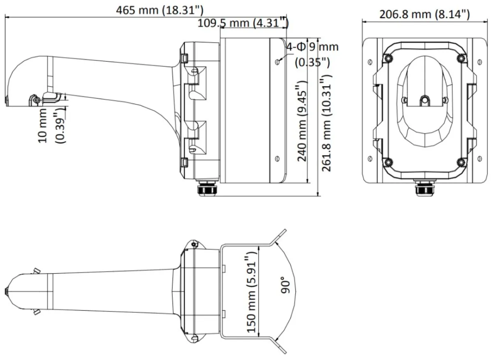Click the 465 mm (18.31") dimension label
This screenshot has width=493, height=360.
point(160,10)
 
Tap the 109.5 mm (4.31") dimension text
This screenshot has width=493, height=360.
point(243,23)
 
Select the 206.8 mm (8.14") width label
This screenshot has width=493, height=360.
point(424,14)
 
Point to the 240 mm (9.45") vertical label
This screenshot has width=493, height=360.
point(302,121)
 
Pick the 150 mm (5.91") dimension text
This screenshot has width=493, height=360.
point(251,292)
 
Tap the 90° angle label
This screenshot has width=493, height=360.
point(286,285)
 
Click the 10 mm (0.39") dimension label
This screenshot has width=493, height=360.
point(52,126)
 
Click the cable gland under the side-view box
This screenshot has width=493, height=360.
point(207,188)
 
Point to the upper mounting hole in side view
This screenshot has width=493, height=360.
point(278,62)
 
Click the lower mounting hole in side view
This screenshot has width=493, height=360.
point(278,159)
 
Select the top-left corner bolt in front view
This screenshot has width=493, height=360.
point(388,58)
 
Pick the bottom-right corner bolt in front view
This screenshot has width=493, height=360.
point(461,162)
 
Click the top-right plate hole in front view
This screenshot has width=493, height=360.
point(480,62)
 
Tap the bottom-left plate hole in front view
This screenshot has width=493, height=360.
point(370,159)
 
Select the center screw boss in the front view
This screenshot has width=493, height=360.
point(424,101)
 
